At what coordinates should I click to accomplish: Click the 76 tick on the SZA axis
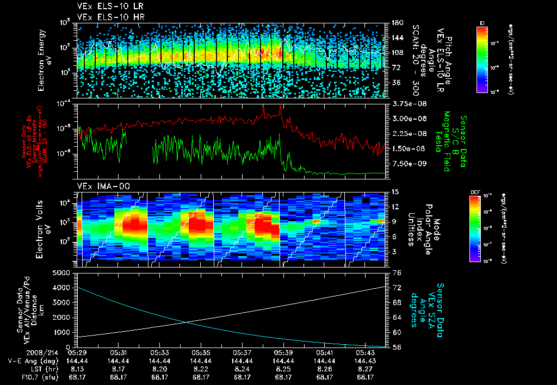(397, 273)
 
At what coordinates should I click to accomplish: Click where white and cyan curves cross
(188, 322)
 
